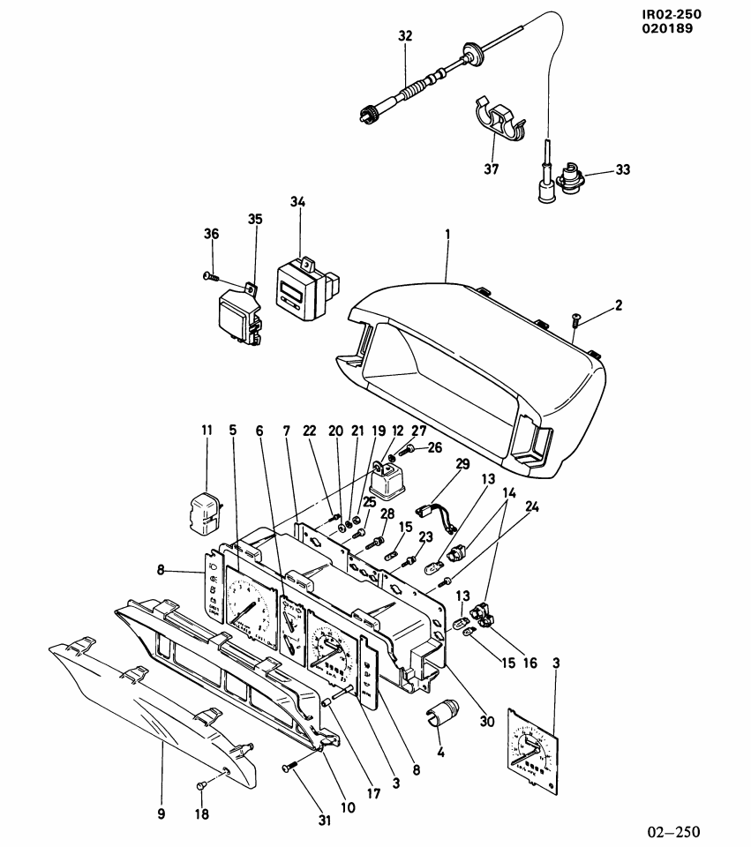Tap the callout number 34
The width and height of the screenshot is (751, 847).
pos(297,203)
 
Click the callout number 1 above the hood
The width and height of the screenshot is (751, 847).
pos(447,236)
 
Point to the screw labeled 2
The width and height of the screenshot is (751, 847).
pos(575,320)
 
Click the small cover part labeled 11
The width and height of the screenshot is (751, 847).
pos(206,512)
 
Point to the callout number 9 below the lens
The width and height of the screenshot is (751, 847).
pos(161,814)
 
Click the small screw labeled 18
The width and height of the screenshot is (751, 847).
pos(201,784)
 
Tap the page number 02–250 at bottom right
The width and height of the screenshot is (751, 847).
pos(675,831)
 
